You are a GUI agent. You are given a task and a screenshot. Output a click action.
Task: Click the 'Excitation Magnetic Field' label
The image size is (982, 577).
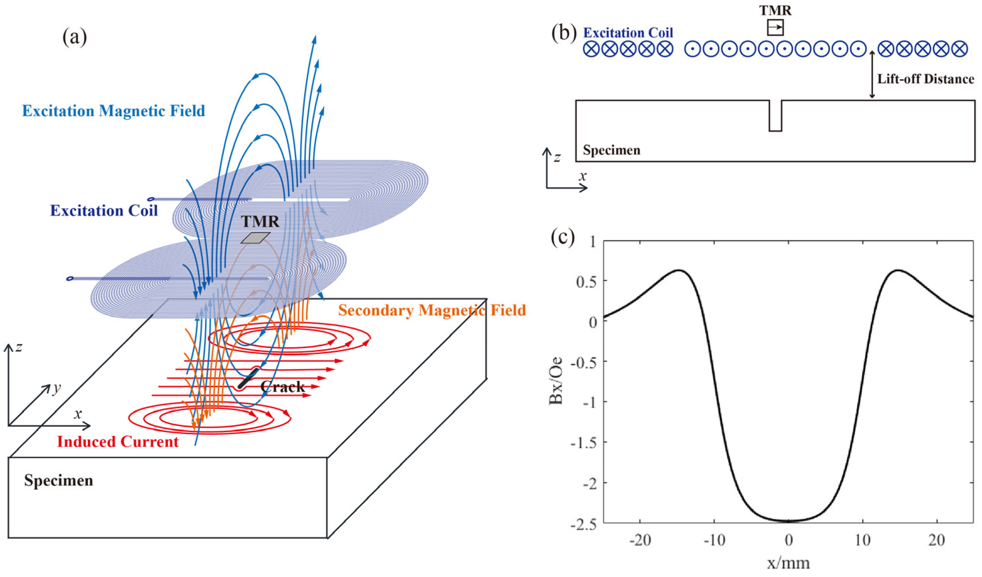113,111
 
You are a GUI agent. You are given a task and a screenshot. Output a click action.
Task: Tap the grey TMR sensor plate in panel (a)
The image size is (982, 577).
256,238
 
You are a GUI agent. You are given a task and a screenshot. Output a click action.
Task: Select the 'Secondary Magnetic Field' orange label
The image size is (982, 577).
432,310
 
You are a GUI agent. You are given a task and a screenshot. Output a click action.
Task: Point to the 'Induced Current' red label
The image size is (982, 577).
118,442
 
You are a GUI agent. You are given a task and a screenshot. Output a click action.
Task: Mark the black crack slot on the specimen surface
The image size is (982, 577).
248,378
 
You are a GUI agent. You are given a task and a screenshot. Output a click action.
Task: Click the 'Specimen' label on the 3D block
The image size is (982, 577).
59,480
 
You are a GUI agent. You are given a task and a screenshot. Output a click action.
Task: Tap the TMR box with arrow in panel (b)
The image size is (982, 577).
775,28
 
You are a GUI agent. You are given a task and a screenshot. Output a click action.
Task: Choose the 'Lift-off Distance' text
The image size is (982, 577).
925,79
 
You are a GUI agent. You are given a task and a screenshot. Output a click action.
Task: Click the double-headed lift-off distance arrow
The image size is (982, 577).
872,74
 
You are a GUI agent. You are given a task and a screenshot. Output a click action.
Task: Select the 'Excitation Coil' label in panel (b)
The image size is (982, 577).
628,33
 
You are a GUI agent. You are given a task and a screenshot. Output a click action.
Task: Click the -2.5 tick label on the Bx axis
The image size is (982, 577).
583,524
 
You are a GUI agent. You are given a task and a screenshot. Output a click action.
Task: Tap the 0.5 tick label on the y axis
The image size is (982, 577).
586,282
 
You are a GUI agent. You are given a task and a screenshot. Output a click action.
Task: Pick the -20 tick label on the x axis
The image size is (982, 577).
640,540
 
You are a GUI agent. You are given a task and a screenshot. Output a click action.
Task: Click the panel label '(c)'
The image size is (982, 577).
563,237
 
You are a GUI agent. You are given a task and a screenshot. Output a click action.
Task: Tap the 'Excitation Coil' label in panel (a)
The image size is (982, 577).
104,211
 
